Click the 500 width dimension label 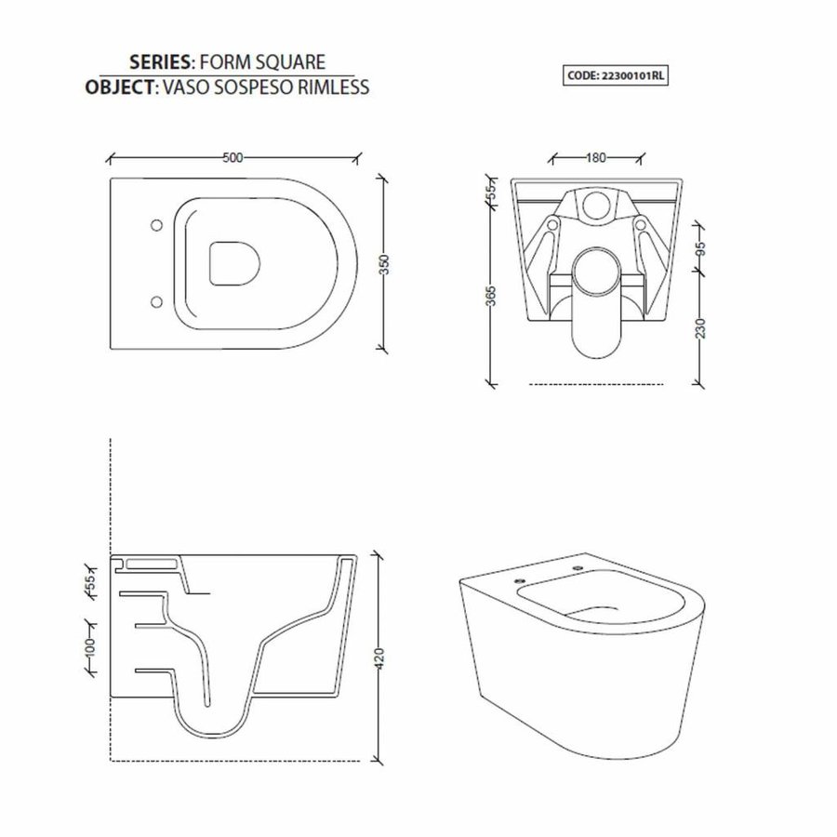(x=232, y=157)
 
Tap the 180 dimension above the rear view (x=596, y=156)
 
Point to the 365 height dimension (x=491, y=296)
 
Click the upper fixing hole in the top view (x=155, y=225)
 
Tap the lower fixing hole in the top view (x=155, y=301)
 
